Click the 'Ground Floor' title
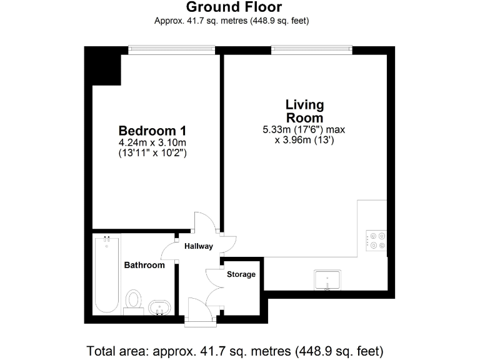tap(234, 7)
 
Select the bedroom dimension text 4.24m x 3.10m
tap(152, 142)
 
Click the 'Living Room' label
tap(304, 111)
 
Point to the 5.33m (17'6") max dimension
tap(304, 130)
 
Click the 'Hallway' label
tap(198, 246)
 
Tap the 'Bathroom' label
tap(144, 265)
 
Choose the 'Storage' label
tap(241, 274)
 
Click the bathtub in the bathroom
tap(106, 275)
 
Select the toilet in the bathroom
tap(133, 299)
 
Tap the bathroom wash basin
tap(160, 307)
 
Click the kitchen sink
tap(327, 281)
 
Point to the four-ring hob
tap(377, 241)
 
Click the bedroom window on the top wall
tap(172, 47)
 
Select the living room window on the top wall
tap(311, 47)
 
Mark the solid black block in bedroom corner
tap(104, 67)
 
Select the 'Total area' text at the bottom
tap(235, 349)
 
